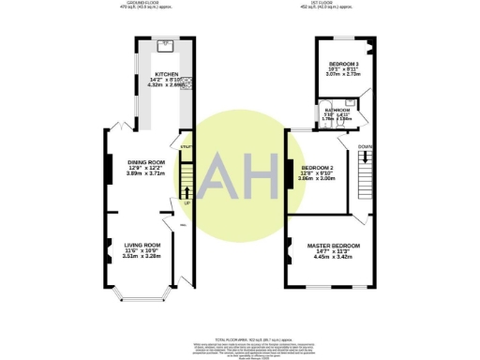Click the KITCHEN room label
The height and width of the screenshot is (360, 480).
[x=167, y=72]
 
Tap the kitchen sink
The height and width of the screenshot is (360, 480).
[x=165, y=45]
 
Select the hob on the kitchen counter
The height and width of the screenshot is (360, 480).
[x=186, y=85]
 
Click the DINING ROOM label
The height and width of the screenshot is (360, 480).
[x=145, y=162]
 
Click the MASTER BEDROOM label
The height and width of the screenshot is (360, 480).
[x=333, y=245]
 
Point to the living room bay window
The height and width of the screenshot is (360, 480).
[x=140, y=299]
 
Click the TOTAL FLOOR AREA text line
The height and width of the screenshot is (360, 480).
[x=240, y=337]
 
